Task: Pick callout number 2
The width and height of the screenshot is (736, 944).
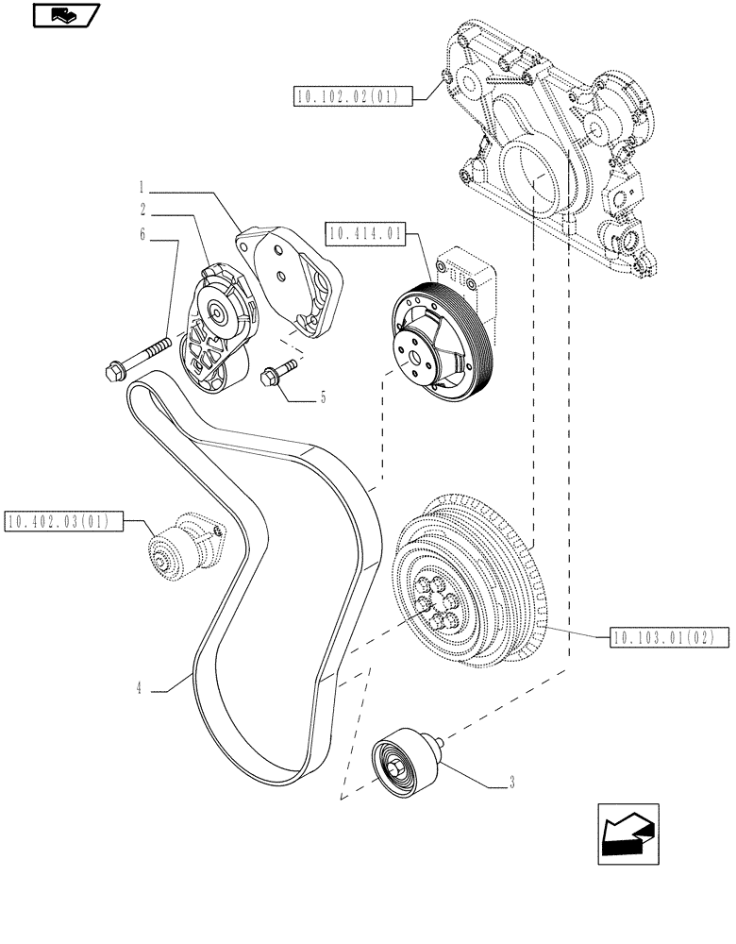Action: point(143,208)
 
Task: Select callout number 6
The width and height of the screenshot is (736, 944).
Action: point(143,234)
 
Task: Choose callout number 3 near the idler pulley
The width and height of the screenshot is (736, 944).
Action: point(510,782)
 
